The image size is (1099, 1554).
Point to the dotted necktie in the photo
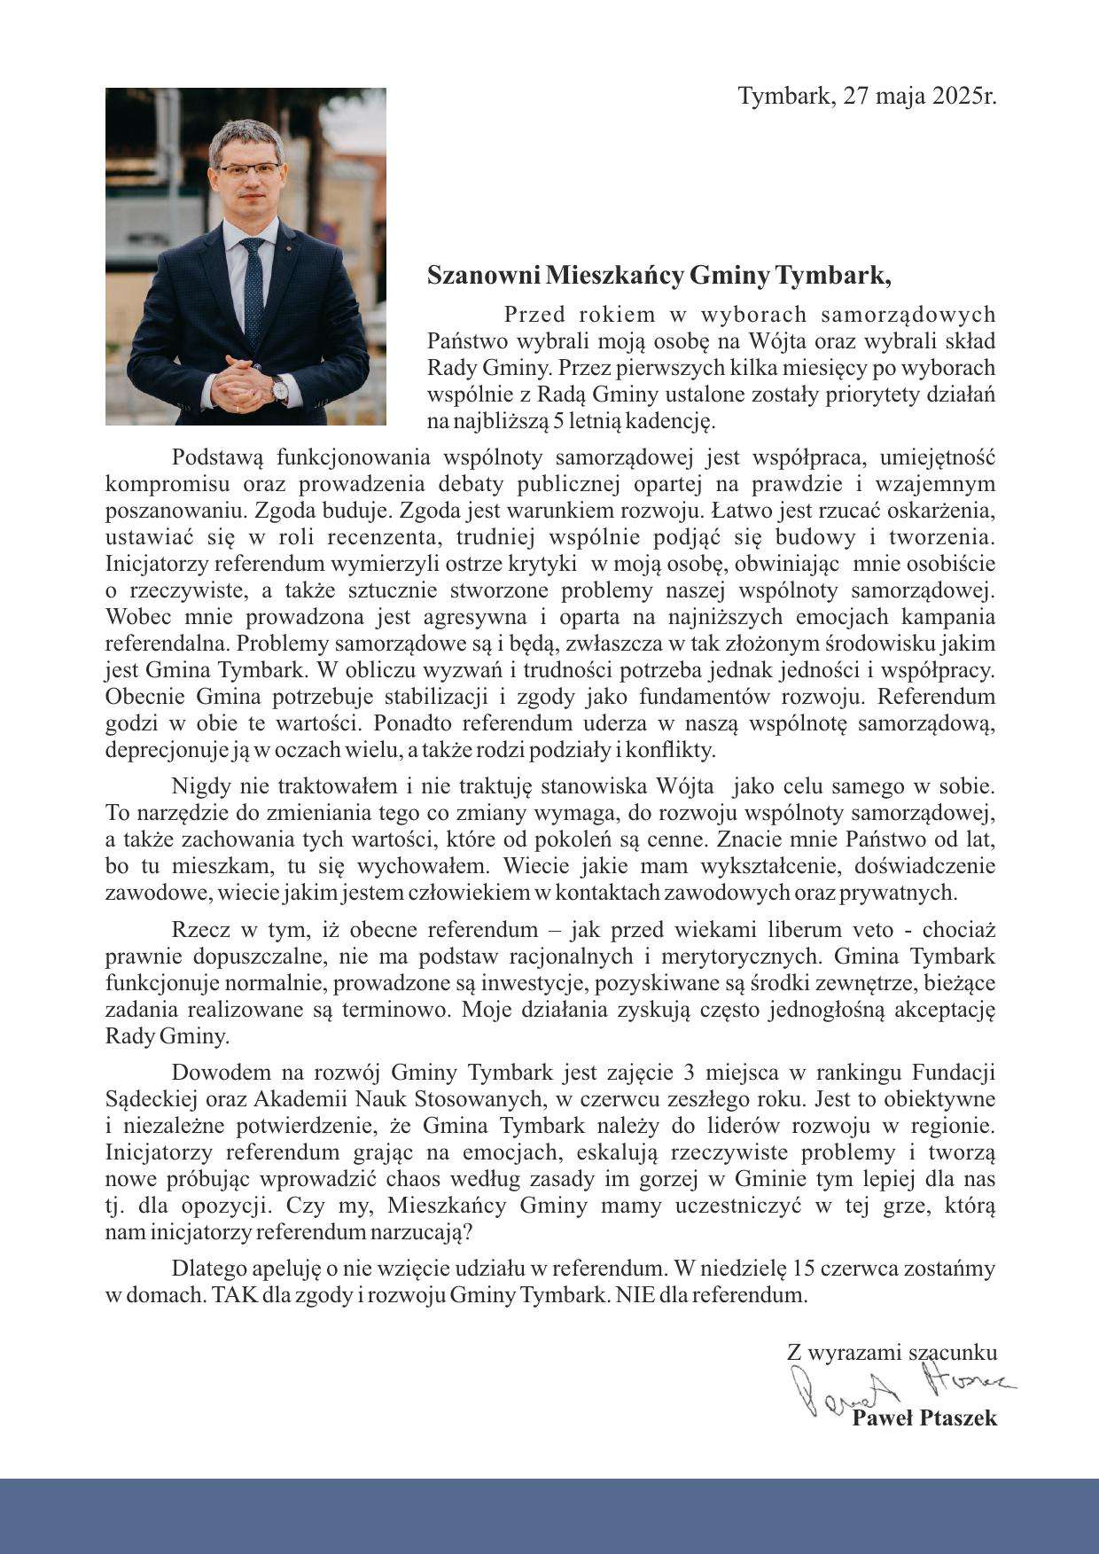pos(253,284)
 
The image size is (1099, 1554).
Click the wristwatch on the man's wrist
pos(278,388)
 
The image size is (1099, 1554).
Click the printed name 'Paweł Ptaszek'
pos(924,1417)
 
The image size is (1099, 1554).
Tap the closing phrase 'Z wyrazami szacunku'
pos(892,1353)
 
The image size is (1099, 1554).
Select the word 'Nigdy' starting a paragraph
pos(201,786)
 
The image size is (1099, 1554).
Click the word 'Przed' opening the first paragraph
pos(530,315)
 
